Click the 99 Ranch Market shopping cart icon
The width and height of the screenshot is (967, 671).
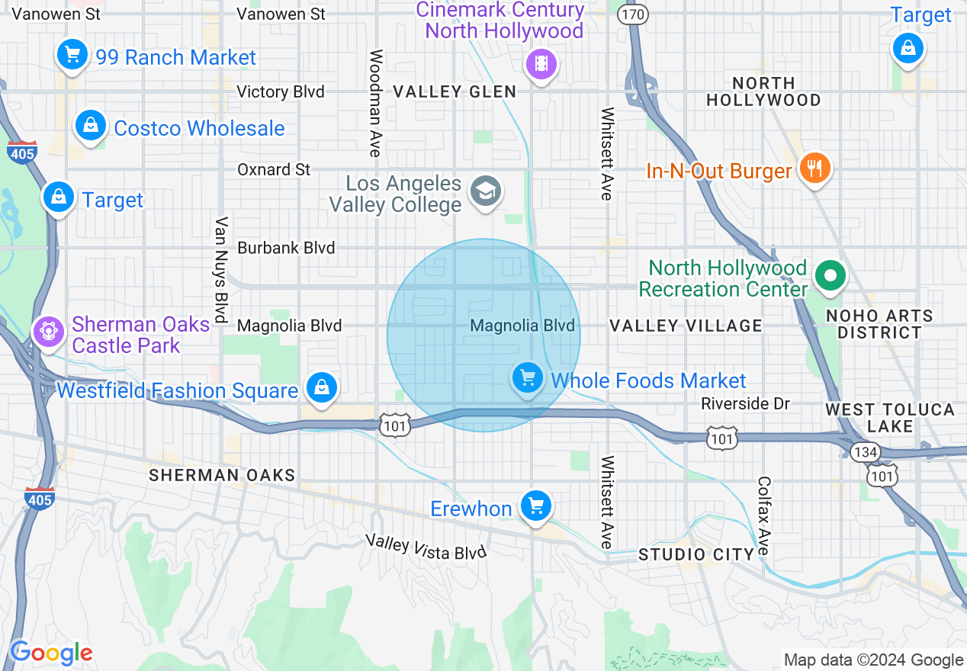[x=72, y=55]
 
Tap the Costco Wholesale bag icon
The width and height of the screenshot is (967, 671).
[x=91, y=125]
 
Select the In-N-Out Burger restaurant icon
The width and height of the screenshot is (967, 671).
[x=814, y=167]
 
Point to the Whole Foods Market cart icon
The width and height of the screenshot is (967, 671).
[x=527, y=377]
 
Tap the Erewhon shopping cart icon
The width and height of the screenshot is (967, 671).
[x=536, y=506]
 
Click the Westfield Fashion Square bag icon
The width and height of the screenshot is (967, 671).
[x=322, y=388]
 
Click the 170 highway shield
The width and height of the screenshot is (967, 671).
[x=633, y=14]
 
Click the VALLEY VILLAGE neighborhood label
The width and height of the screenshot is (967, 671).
[x=686, y=326]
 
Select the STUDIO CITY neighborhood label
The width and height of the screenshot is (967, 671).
[x=696, y=554]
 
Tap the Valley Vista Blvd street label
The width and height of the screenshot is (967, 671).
[x=426, y=547]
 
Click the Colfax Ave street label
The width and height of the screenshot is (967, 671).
[x=764, y=516]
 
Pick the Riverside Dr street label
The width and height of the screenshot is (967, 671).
[x=745, y=403]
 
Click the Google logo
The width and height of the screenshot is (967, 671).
[x=51, y=653]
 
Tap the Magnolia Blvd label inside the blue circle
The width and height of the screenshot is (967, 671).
[x=522, y=326]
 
